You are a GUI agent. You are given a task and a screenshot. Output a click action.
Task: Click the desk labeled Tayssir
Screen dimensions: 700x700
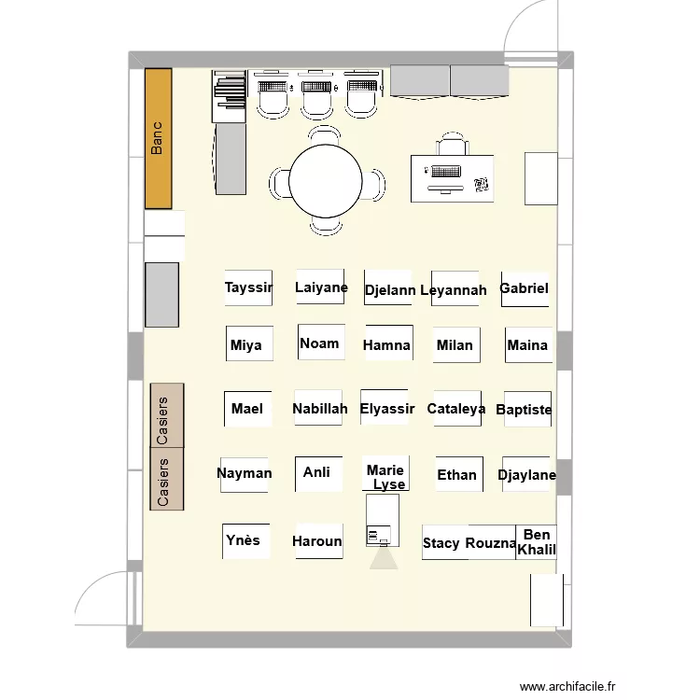coord(248,288)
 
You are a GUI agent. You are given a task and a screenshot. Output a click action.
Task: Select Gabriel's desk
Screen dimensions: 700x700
coord(525,289)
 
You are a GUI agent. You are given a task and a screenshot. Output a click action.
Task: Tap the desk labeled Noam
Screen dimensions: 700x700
coord(321,342)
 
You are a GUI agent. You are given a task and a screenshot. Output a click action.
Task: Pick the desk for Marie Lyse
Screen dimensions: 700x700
coord(385,473)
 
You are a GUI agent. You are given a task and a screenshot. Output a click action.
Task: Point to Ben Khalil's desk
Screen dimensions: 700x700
coord(536,542)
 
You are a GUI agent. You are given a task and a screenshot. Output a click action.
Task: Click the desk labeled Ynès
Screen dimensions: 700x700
coord(246,541)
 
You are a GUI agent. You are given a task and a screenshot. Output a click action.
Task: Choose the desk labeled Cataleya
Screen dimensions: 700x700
coord(457,409)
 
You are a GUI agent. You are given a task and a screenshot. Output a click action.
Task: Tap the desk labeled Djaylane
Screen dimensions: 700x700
coord(525,474)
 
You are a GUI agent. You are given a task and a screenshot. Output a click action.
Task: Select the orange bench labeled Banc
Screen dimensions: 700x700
coord(158,138)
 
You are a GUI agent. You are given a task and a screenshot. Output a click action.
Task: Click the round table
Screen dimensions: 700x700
coord(326,181)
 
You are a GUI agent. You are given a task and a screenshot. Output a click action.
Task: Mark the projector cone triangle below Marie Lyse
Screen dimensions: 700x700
coord(384,559)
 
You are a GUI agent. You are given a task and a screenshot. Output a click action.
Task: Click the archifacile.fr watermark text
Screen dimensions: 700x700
coord(567,686)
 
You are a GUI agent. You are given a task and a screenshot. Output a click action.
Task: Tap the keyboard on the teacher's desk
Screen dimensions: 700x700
coord(446,172)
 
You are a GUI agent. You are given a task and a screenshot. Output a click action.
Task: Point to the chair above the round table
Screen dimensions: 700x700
coord(325,135)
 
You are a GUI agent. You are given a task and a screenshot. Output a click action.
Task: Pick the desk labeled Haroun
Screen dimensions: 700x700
coord(319,541)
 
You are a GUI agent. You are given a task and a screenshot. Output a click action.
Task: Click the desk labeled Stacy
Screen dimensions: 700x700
coord(445,542)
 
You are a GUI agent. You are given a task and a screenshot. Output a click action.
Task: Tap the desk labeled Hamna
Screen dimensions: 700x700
coord(389,343)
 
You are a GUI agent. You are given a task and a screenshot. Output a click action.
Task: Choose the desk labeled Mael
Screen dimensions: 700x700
coord(247,409)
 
